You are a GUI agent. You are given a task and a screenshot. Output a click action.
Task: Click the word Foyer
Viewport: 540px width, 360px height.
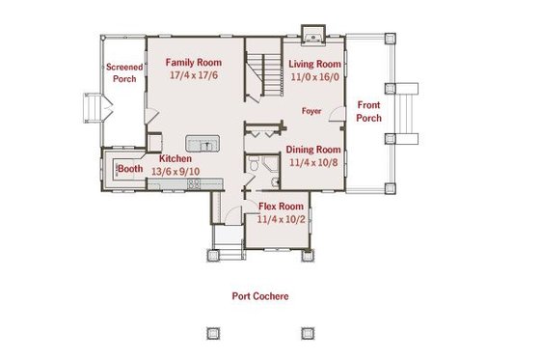point(311,111)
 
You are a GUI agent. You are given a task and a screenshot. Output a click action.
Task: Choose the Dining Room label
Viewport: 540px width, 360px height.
point(313,150)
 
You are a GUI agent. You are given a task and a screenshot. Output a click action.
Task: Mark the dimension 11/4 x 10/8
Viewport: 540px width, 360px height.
point(313,162)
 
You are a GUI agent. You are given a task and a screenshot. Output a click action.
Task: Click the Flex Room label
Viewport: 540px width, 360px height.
point(282,207)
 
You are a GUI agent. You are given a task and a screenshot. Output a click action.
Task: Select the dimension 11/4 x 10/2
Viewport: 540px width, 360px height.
point(282,219)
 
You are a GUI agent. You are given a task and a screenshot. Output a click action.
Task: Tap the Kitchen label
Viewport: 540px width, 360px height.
point(175,158)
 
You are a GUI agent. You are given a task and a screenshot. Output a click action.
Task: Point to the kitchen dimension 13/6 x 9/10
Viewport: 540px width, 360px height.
point(175,170)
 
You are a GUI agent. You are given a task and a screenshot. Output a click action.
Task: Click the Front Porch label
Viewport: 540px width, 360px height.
point(369,111)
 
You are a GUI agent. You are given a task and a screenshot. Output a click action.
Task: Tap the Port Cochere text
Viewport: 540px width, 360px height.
point(259,296)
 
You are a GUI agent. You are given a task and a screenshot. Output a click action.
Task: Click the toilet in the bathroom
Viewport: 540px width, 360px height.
point(252,167)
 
